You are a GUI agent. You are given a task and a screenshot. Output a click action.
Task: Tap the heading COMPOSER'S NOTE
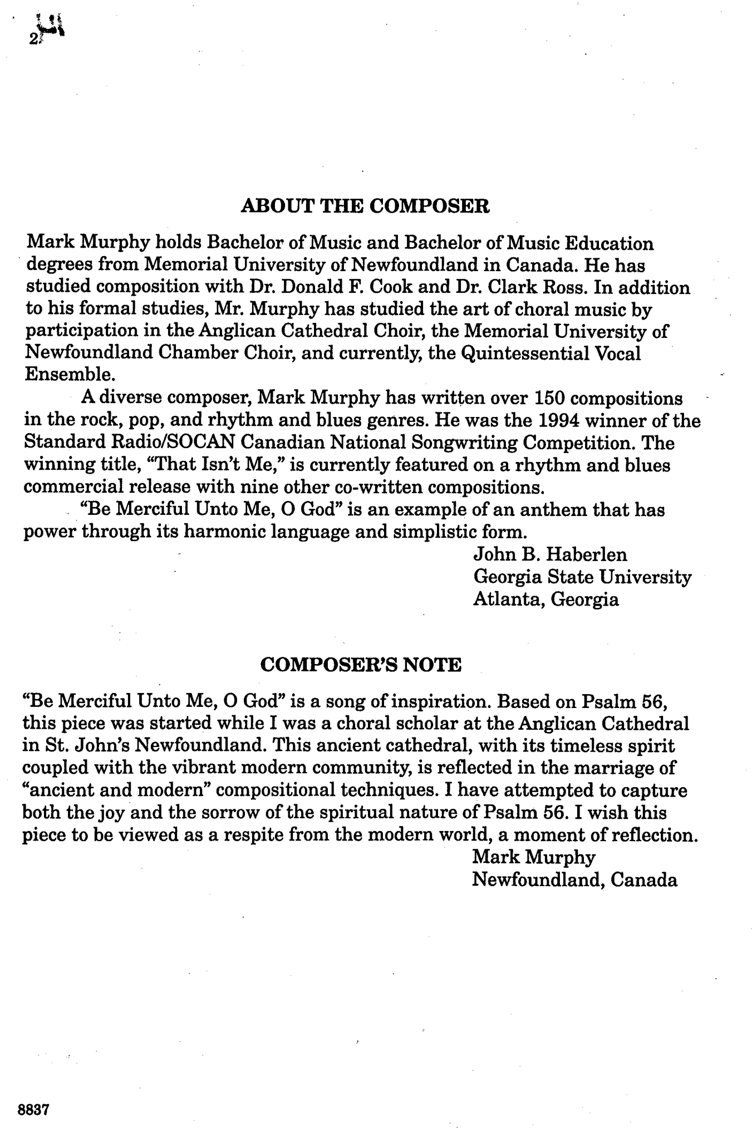point(361,664)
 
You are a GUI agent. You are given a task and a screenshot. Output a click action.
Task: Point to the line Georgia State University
point(582,577)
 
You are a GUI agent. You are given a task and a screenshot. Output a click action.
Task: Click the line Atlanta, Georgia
point(545,599)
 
